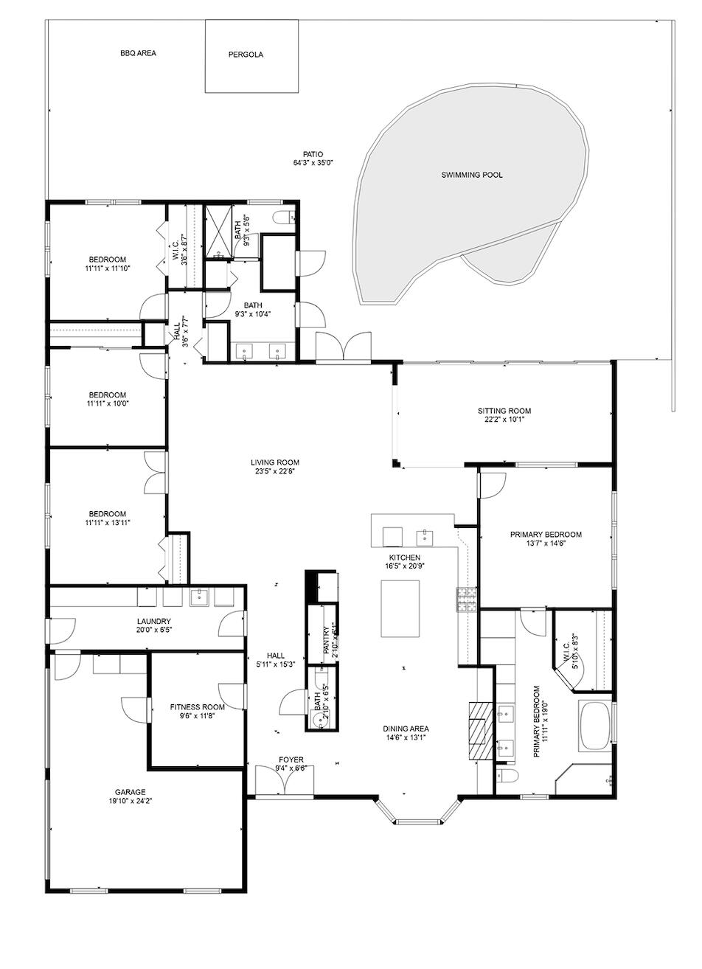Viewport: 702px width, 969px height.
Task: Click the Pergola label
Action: click(246, 55)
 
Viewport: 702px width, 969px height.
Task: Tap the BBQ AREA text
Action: click(139, 53)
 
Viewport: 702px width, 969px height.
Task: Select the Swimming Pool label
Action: click(472, 176)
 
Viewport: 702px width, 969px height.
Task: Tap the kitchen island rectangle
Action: click(400, 608)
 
